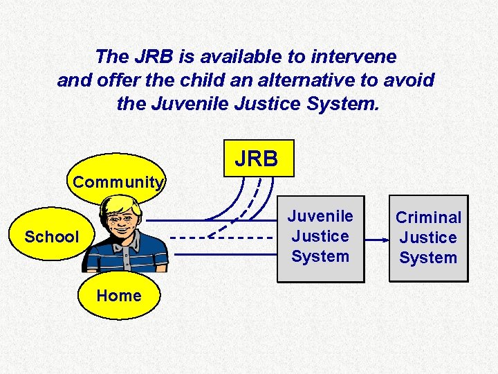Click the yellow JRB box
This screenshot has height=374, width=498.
click(257, 159)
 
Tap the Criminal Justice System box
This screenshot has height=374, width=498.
click(428, 238)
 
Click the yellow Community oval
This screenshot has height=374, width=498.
click(119, 182)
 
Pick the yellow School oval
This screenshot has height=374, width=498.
click(51, 237)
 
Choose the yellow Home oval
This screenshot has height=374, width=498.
click(119, 296)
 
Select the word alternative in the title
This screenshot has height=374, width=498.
click(290, 80)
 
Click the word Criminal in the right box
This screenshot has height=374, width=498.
click(428, 217)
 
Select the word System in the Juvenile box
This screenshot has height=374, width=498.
click(320, 256)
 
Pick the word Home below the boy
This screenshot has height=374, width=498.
click(119, 296)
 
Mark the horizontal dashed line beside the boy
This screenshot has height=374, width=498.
click(221, 237)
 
